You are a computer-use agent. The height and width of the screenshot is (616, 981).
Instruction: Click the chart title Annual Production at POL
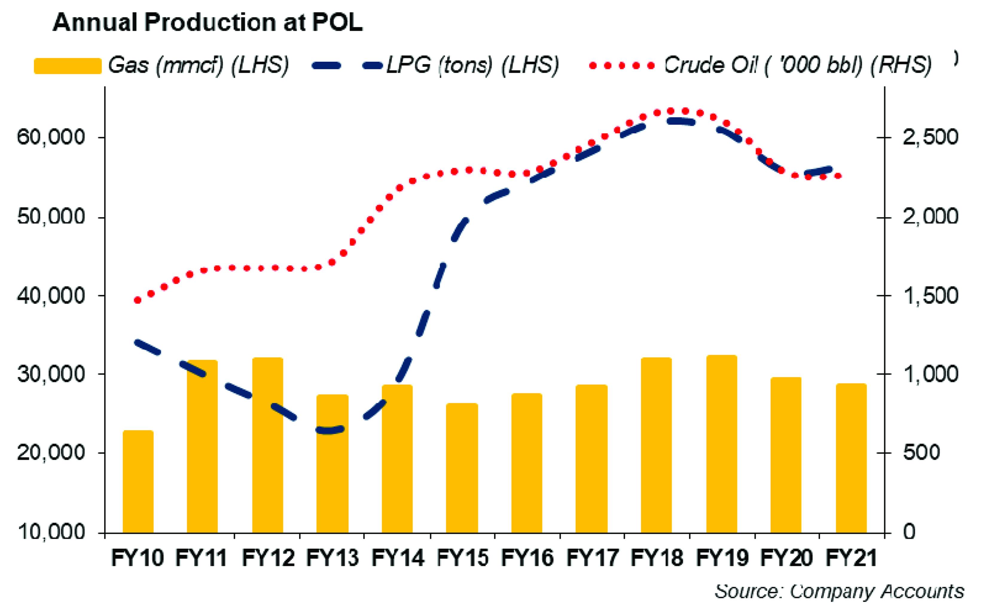point(208,22)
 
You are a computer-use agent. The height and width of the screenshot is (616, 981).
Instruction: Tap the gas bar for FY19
point(721,444)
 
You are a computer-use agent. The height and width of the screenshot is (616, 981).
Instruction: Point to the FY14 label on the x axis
point(398,558)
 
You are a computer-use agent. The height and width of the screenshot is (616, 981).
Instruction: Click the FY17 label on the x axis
point(592,558)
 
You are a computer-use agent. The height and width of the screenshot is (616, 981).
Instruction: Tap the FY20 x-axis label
point(786,558)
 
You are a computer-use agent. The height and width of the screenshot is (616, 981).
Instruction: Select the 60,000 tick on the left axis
point(51,137)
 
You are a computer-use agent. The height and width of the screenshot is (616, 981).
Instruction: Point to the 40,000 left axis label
point(51,295)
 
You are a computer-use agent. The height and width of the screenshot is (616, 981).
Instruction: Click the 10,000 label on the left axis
point(51,532)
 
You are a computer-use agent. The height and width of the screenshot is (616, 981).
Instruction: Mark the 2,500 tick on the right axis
point(930,137)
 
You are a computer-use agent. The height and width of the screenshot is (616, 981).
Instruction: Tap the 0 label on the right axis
point(909,532)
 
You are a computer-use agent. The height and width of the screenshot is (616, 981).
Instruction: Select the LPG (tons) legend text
point(473,65)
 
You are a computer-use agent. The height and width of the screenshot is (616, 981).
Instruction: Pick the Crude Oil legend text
point(798,65)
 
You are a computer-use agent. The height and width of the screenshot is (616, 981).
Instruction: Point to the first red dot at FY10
point(137,300)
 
